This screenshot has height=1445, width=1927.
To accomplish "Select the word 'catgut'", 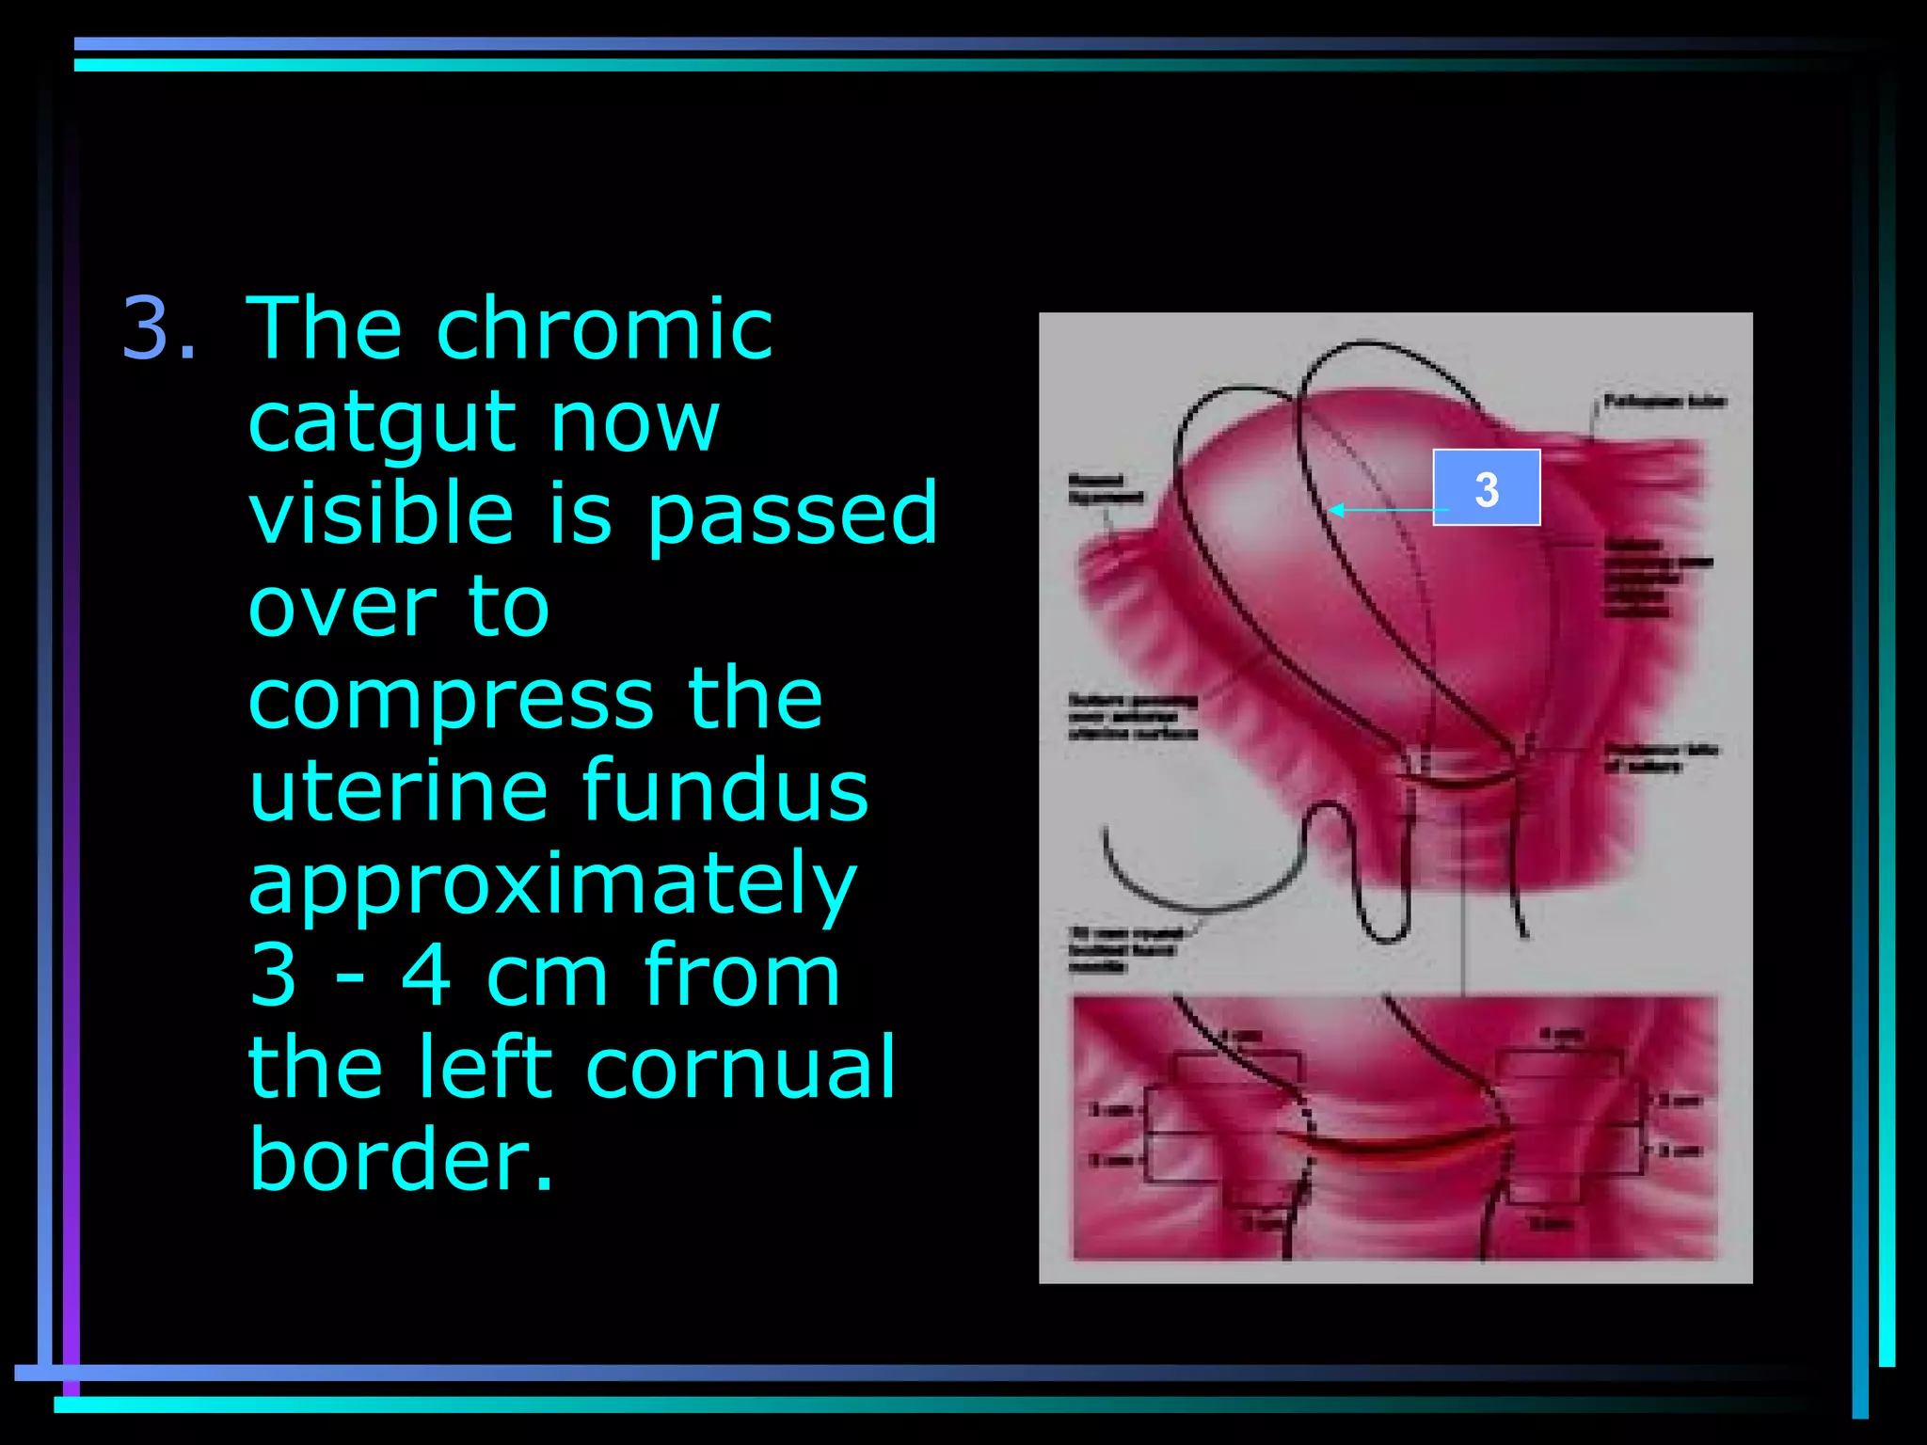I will (x=382, y=422).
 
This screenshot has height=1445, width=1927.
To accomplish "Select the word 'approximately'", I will (x=552, y=884).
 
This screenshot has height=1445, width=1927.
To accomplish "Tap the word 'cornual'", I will (x=741, y=1068).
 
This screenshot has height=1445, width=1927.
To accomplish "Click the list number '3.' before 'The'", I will (x=160, y=328).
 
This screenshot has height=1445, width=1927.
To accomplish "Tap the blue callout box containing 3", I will (x=1486, y=487).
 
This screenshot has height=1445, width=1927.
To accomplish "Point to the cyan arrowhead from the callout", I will (x=1335, y=511).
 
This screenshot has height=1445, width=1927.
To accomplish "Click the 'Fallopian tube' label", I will (x=1664, y=402).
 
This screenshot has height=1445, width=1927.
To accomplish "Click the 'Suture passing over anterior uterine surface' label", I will (x=1133, y=717).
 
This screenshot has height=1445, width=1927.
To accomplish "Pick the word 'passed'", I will (x=792, y=513).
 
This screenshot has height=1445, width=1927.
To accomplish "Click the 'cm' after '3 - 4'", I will (x=547, y=977).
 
